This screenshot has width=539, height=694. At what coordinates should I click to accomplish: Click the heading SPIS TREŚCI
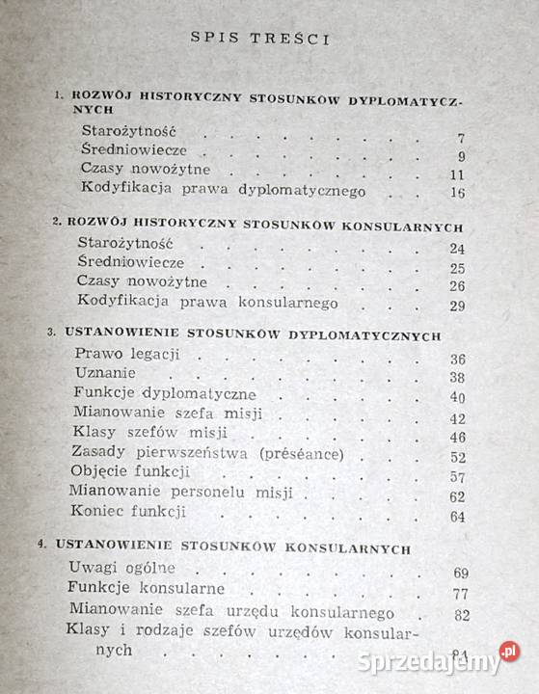pos(260,40)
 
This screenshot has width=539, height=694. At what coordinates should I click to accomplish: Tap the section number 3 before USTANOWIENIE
pos(50,334)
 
